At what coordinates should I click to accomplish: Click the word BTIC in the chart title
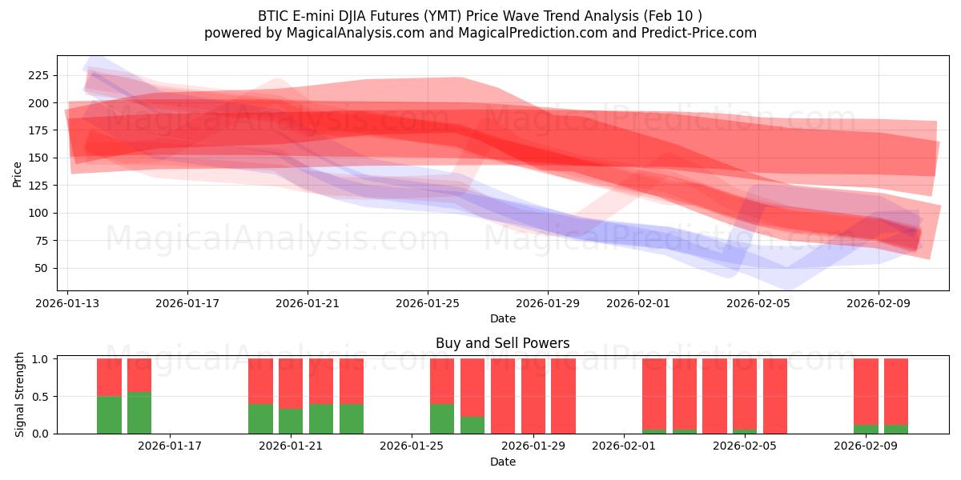pyautogui.click(x=274, y=16)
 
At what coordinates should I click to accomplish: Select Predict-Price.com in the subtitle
pyautogui.click(x=698, y=33)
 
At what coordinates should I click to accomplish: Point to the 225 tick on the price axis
pyautogui.click(x=38, y=75)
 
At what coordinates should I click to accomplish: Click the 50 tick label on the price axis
pyautogui.click(x=42, y=268)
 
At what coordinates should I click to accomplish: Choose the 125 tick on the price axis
pyautogui.click(x=38, y=186)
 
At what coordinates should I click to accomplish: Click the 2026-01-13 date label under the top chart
pyautogui.click(x=67, y=303)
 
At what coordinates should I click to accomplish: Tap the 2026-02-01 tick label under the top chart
pyautogui.click(x=638, y=303)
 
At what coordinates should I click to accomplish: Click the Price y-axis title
pyautogui.click(x=18, y=174)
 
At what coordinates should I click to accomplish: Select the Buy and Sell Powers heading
pyautogui.click(x=502, y=343)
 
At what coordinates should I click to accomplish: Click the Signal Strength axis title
pyautogui.click(x=20, y=396)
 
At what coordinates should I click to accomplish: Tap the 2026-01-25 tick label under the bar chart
pyautogui.click(x=412, y=446)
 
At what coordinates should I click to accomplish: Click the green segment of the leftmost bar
pyautogui.click(x=109, y=415)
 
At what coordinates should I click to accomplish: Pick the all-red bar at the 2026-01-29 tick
pyautogui.click(x=533, y=396)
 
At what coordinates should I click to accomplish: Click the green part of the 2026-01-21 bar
pyautogui.click(x=291, y=422)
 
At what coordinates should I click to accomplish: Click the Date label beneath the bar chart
pyautogui.click(x=502, y=462)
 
